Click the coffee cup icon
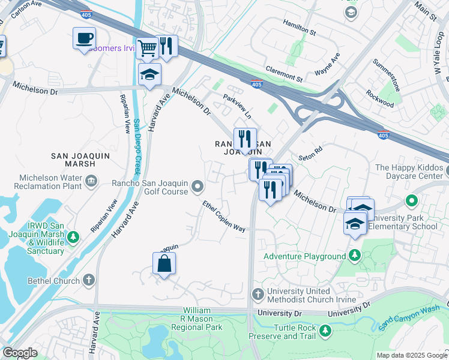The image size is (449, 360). tap(84, 39)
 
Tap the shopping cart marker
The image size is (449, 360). tap(147, 47)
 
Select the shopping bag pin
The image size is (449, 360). tap(164, 263)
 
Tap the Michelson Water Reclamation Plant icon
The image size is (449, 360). tap(91, 181)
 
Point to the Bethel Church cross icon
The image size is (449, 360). tap(88, 280)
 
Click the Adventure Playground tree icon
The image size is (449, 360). tap(355, 256)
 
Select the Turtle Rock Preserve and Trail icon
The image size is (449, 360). tap(325, 331)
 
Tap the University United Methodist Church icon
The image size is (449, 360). tap(258, 294)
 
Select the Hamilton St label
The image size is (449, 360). tap(300, 29)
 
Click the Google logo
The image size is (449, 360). tap(19, 353)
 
